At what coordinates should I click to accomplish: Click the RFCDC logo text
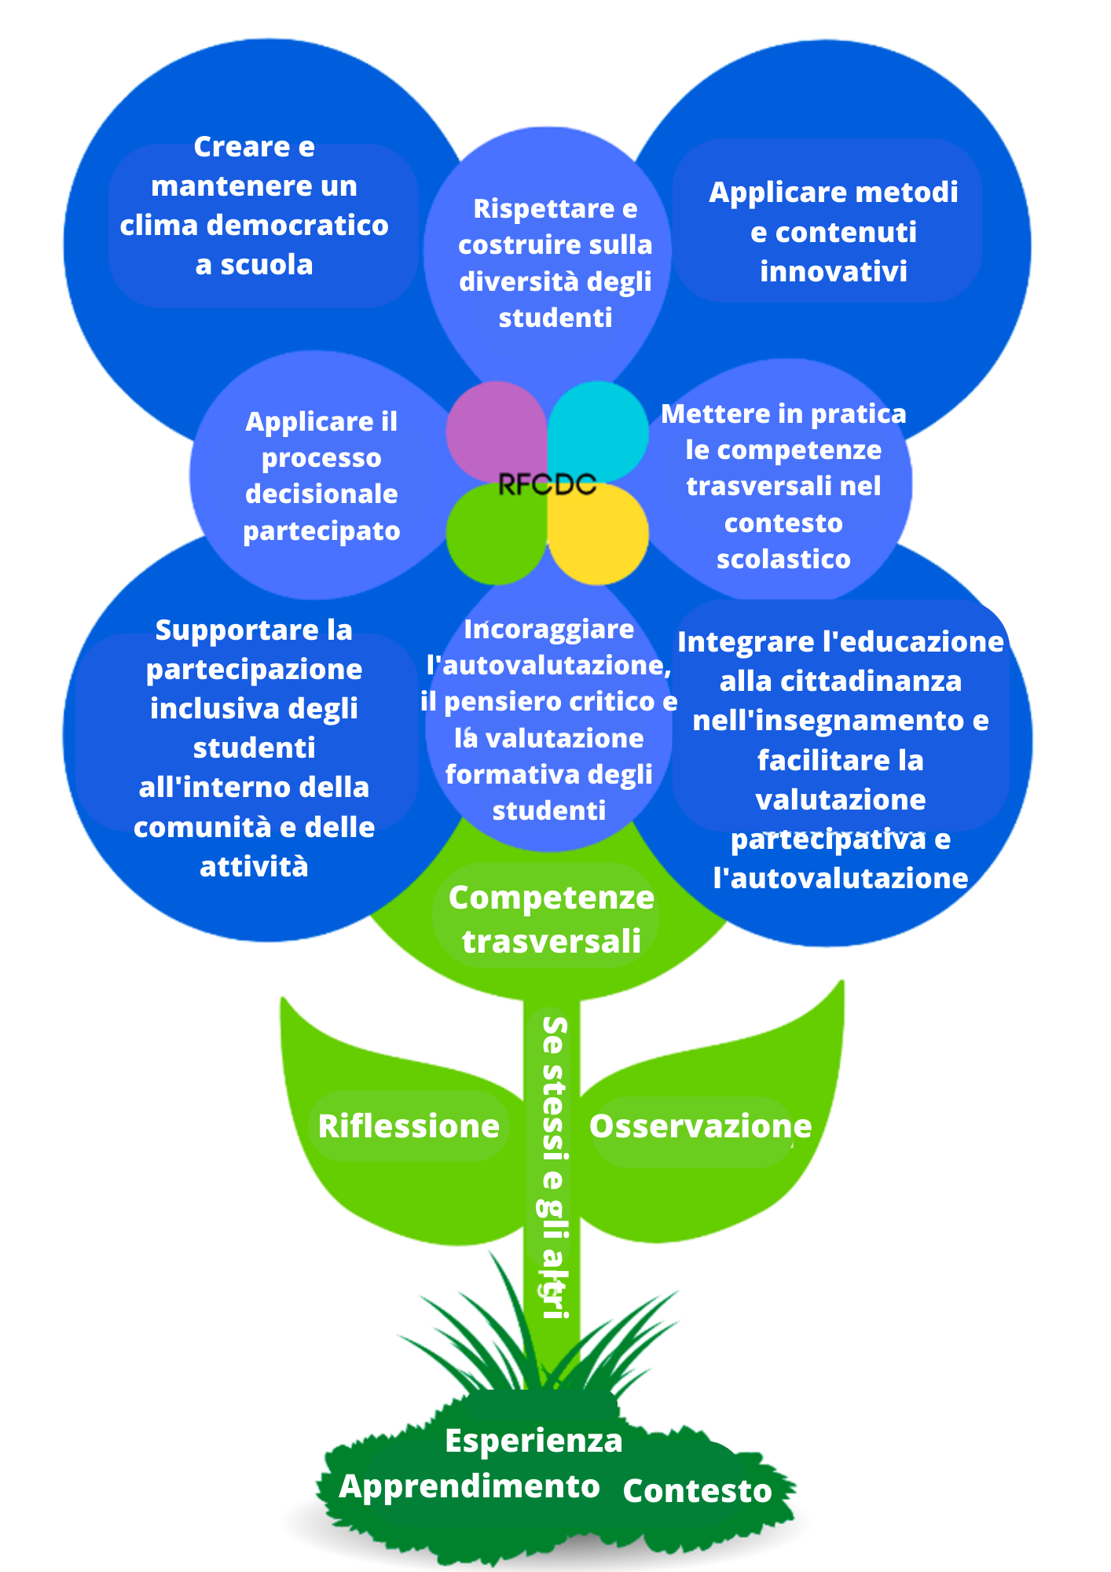tap(547, 484)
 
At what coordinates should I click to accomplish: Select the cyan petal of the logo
tap(599, 428)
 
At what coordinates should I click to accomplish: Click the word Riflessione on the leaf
tap(409, 1126)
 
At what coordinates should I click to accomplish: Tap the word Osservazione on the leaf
tap(700, 1126)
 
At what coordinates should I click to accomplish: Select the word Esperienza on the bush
tap(533, 1440)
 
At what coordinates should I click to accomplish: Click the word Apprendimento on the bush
tap(469, 1486)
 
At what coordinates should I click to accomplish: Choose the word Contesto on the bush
tap(697, 1490)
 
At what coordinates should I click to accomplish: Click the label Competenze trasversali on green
tap(551, 919)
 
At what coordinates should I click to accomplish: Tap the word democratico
tap(298, 226)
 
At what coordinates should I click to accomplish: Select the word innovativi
tap(834, 271)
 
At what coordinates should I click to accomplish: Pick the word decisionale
tap(321, 494)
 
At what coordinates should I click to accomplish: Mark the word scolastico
tap(783, 559)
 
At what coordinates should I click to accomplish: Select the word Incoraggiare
tap(548, 629)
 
